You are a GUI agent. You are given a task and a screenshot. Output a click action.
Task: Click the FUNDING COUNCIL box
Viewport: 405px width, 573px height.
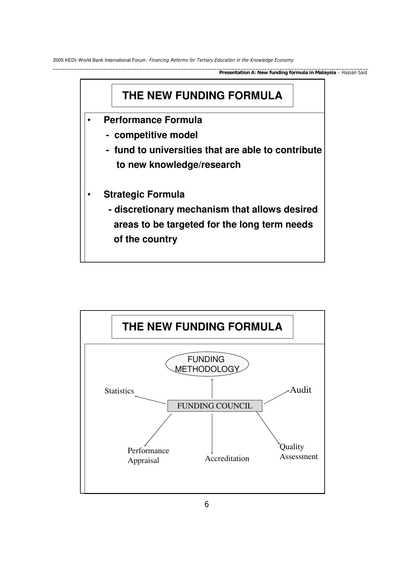click(x=215, y=406)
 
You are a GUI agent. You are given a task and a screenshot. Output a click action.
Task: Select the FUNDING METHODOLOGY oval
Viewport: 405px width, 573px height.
click(x=207, y=364)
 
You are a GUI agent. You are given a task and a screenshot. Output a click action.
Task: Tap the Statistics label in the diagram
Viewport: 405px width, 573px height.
click(x=119, y=391)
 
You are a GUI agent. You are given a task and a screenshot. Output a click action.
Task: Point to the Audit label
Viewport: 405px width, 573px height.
click(x=300, y=390)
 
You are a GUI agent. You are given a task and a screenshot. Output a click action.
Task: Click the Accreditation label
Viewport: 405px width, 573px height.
click(x=227, y=458)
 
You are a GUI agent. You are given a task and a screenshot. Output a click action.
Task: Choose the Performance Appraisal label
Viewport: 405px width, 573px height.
click(x=148, y=455)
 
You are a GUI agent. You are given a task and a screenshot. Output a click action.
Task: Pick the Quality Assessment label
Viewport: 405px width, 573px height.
click(x=299, y=452)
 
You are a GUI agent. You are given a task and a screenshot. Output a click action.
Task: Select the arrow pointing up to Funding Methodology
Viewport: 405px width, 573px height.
click(x=212, y=389)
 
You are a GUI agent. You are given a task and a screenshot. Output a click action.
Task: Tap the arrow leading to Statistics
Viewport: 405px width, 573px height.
click(x=151, y=400)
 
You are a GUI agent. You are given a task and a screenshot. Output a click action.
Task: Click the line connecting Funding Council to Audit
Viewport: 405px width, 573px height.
click(x=276, y=397)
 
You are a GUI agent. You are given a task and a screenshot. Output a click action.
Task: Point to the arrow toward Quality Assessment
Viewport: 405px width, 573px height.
click(x=268, y=428)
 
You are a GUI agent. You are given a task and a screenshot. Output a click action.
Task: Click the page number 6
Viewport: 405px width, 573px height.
click(x=206, y=504)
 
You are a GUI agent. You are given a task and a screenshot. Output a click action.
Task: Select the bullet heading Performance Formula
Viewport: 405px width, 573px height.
click(x=153, y=120)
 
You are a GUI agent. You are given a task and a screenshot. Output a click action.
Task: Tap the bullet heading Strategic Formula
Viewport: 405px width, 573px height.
click(x=144, y=195)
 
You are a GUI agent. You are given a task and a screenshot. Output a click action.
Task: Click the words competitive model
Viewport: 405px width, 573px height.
click(x=156, y=135)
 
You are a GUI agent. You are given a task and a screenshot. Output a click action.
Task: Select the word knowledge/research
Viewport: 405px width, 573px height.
click(x=195, y=165)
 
